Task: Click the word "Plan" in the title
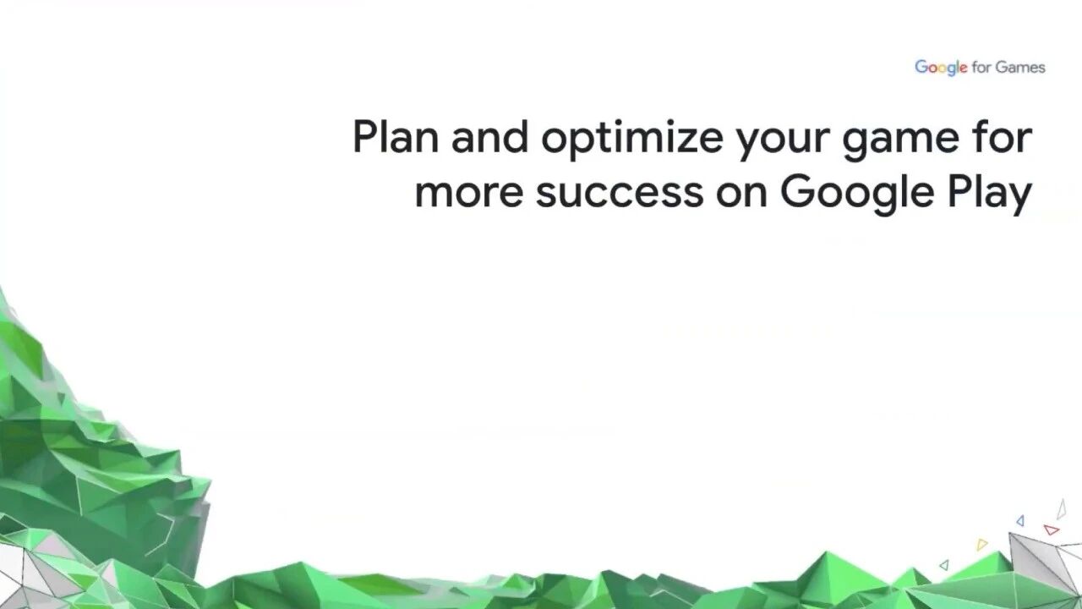pyautogui.click(x=396, y=137)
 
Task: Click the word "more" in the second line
pyautogui.click(x=469, y=193)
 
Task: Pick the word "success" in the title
pyautogui.click(x=620, y=193)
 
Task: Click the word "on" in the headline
pyautogui.click(x=741, y=193)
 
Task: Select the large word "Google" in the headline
pyautogui.click(x=857, y=195)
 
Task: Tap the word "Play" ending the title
pyautogui.click(x=990, y=195)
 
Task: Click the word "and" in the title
pyautogui.click(x=489, y=137)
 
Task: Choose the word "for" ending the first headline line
pyautogui.click(x=1002, y=136)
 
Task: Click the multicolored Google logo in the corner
pyautogui.click(x=941, y=68)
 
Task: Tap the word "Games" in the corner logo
pyautogui.click(x=1019, y=67)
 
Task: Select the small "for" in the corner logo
pyautogui.click(x=981, y=67)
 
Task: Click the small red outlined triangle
pyautogui.click(x=1052, y=529)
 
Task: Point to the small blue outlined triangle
pyautogui.click(x=1020, y=521)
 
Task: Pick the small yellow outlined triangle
pyautogui.click(x=982, y=545)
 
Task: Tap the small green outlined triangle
pyautogui.click(x=945, y=564)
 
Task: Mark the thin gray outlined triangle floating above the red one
pyautogui.click(x=1061, y=510)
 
